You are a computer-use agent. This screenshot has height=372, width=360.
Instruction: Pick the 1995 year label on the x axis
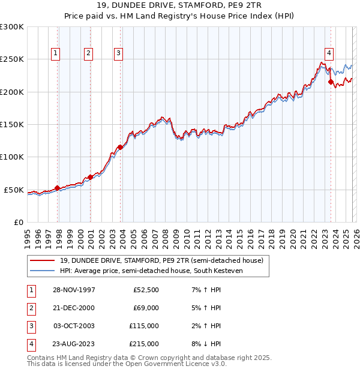28,234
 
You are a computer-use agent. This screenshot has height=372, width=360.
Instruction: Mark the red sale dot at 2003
121,147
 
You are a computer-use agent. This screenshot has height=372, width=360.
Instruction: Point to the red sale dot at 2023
331,82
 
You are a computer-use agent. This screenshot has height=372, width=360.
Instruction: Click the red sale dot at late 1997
58,188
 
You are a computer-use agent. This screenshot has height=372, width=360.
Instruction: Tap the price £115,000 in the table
145,326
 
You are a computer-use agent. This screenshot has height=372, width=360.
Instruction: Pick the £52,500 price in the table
146,289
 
